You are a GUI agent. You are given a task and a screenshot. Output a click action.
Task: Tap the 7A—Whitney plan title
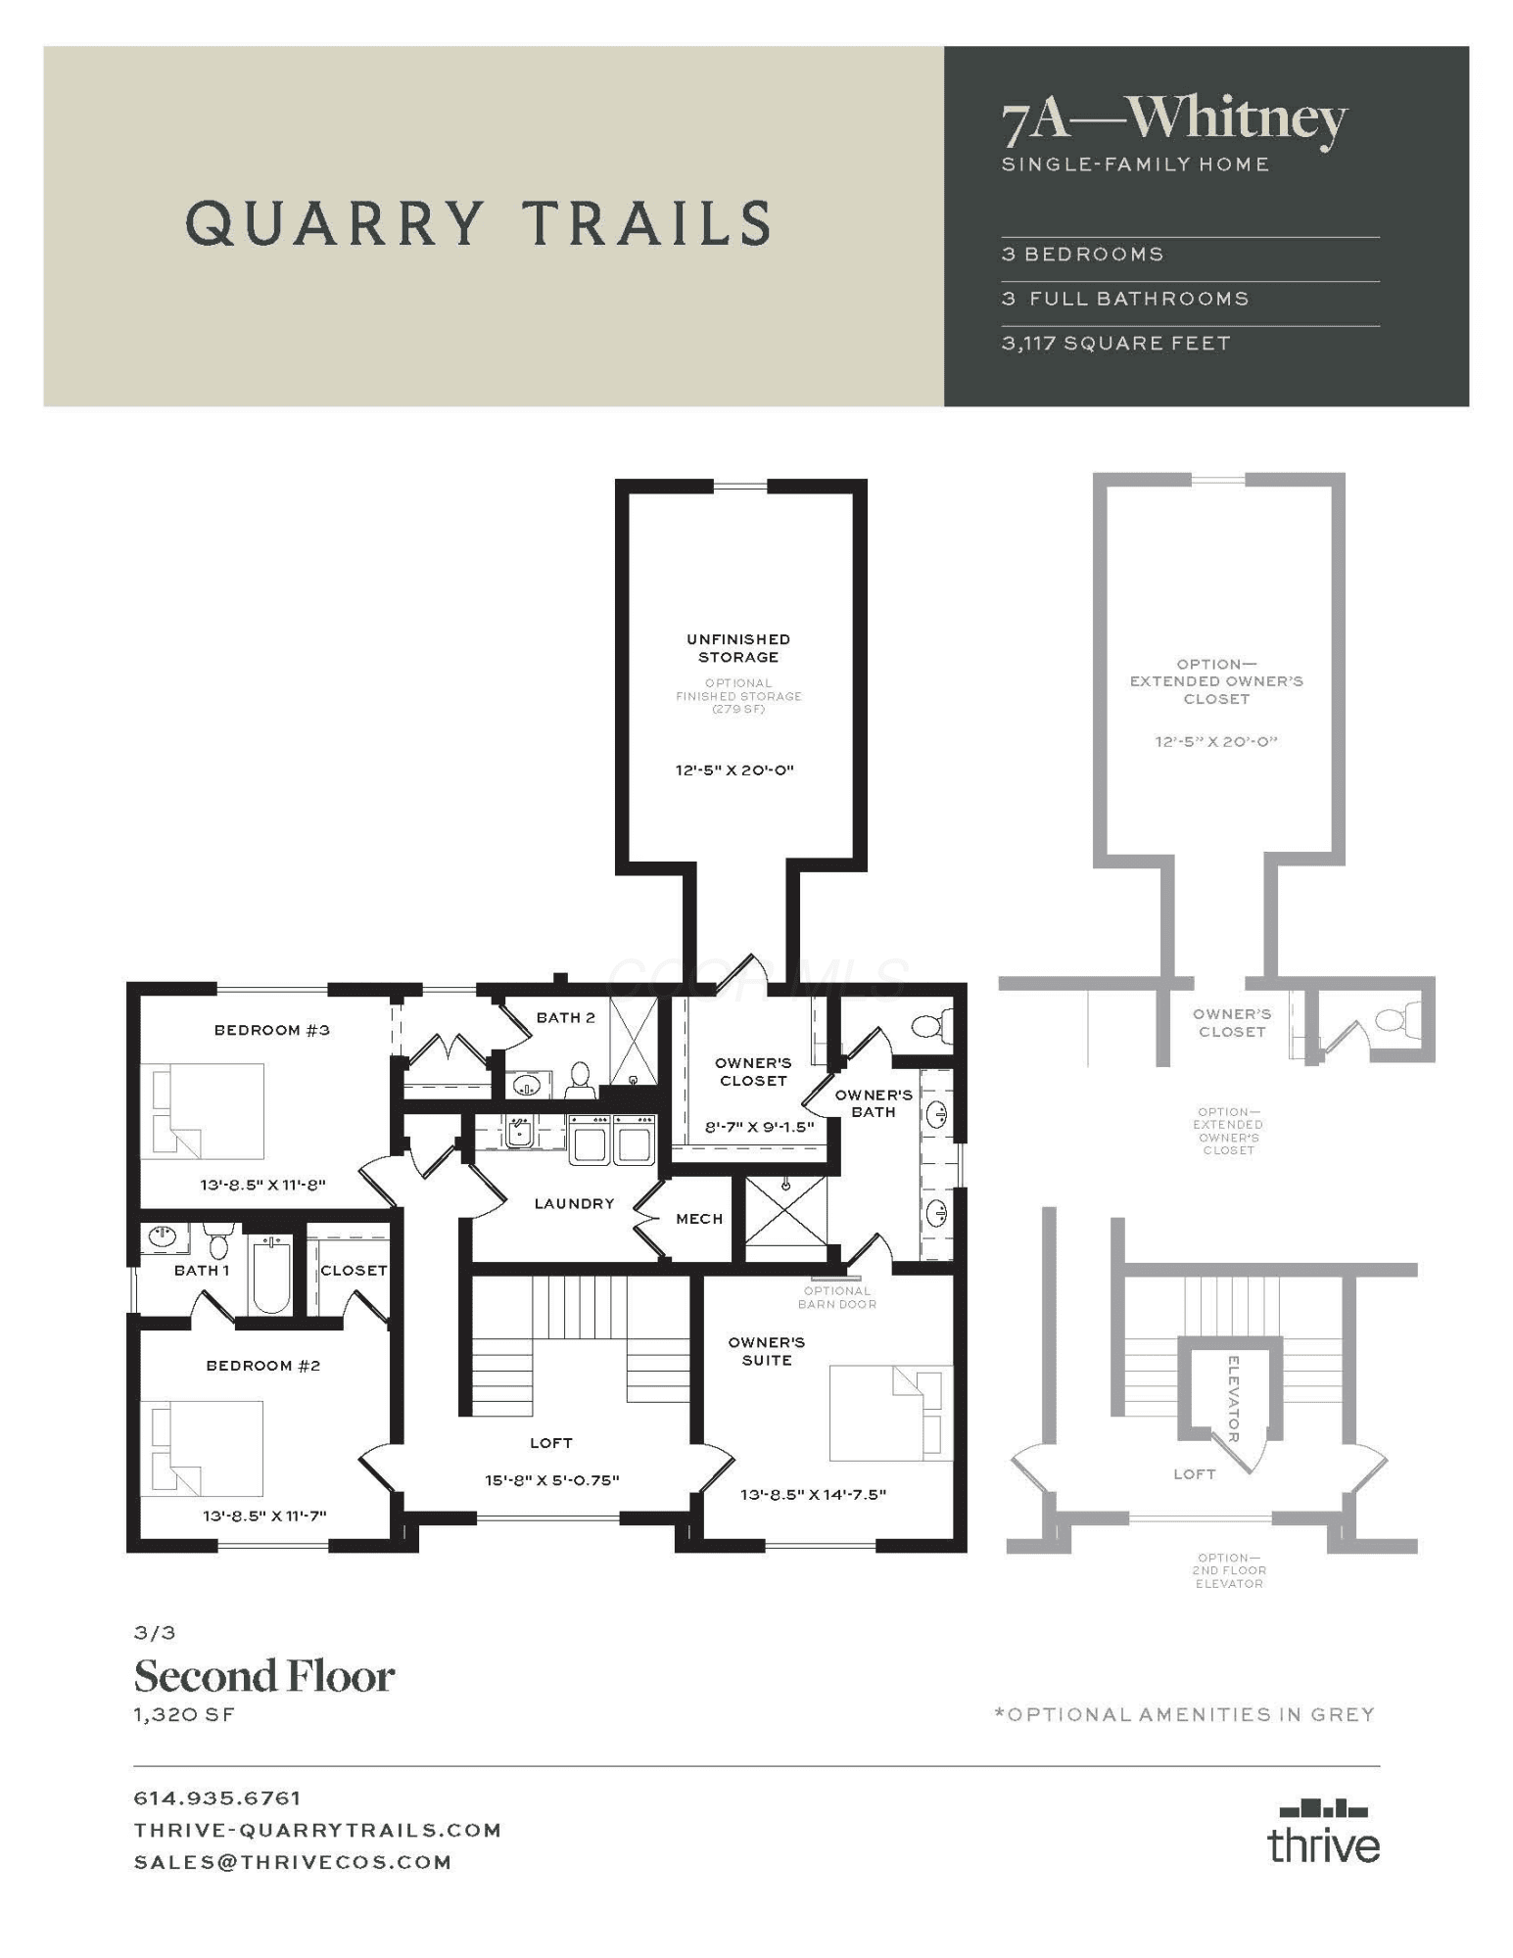click(x=1174, y=119)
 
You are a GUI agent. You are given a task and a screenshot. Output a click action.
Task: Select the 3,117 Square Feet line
click(x=1115, y=344)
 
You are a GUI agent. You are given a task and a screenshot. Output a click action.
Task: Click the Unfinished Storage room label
click(x=738, y=648)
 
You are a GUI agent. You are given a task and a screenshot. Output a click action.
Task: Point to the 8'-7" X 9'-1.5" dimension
click(x=760, y=1127)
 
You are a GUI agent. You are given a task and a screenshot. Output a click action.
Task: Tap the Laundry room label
click(x=574, y=1203)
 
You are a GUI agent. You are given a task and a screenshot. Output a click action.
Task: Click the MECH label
click(x=699, y=1219)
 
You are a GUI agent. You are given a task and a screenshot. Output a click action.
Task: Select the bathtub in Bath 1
click(x=271, y=1274)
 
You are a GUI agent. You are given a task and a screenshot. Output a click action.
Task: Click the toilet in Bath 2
click(x=581, y=1080)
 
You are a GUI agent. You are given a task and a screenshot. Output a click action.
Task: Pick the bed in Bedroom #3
click(x=203, y=1111)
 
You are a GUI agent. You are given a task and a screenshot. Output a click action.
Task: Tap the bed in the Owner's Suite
click(x=891, y=1413)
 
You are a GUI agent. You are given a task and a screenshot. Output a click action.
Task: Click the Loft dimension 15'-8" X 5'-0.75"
click(x=552, y=1480)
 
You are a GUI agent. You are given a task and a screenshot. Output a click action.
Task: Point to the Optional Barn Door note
click(x=837, y=1297)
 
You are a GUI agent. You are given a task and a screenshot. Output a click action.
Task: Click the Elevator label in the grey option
click(x=1233, y=1399)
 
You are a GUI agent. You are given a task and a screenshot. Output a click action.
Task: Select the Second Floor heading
click(x=264, y=1676)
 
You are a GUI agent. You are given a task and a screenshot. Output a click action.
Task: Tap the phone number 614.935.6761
click(x=217, y=1798)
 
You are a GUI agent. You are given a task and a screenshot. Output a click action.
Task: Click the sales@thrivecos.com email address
click(x=293, y=1862)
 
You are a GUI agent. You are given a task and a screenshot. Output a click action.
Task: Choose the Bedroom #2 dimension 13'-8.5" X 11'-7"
click(x=264, y=1516)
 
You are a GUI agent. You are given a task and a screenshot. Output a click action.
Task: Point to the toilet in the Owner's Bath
click(x=931, y=1025)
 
